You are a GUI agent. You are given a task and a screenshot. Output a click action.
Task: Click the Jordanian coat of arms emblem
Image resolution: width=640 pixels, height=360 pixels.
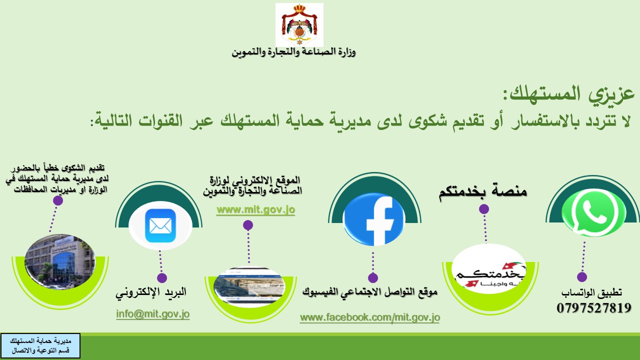[x=299, y=25]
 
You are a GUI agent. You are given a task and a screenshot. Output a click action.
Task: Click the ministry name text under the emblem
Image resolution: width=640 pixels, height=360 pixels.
[x=293, y=52]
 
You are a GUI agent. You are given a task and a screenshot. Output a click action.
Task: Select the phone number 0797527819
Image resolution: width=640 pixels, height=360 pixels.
[x=594, y=308]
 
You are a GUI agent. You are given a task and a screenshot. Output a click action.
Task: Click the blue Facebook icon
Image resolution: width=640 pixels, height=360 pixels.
[x=374, y=219]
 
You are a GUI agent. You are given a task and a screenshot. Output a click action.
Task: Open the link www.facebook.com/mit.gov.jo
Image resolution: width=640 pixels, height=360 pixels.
[x=369, y=317]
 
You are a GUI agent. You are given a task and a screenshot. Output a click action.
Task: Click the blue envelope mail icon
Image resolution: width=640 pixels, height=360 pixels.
[x=160, y=225]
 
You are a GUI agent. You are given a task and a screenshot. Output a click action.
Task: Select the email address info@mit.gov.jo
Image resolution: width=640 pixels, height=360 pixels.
[x=153, y=314]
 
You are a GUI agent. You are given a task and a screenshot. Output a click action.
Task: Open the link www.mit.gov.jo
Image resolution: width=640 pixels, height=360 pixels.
[x=255, y=210]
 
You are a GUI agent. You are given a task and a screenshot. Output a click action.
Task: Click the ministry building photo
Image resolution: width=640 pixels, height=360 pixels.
[x=60, y=261]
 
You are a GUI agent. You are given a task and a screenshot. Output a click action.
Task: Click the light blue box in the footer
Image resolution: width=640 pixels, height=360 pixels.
[x=40, y=345]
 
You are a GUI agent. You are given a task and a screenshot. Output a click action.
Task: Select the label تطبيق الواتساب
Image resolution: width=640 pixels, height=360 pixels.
[x=591, y=292]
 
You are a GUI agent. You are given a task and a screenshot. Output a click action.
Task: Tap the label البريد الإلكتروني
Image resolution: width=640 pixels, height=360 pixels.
[x=151, y=292]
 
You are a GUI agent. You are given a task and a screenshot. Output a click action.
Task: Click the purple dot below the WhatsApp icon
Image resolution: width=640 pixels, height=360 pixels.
[x=582, y=277]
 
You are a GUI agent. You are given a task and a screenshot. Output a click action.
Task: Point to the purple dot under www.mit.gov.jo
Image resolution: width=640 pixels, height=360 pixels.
[x=248, y=225]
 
